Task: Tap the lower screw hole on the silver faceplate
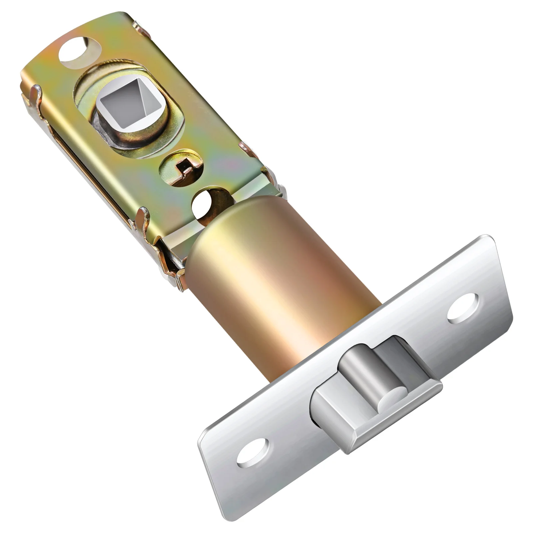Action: click(x=253, y=452)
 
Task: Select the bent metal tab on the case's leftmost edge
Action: click(x=37, y=97)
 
